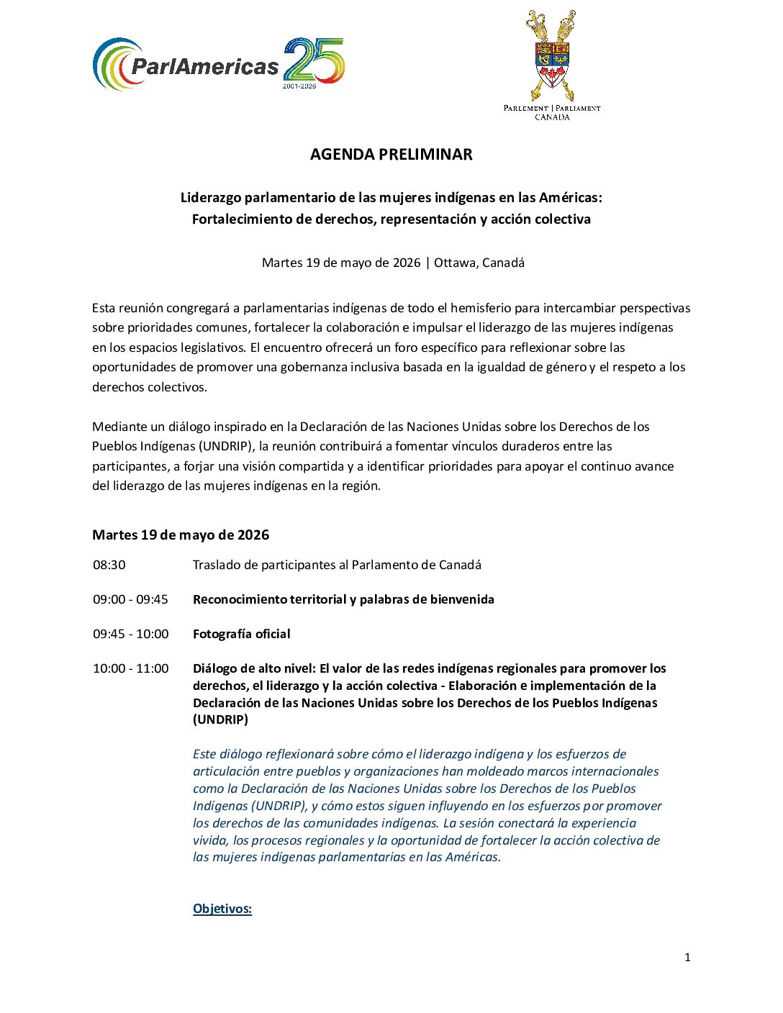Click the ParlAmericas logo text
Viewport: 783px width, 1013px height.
(x=204, y=67)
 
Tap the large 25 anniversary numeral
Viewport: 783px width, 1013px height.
(x=314, y=60)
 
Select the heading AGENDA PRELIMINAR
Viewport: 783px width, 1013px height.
(x=391, y=155)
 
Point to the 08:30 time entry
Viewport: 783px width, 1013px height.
(x=109, y=565)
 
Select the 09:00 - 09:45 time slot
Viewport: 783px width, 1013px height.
(x=130, y=600)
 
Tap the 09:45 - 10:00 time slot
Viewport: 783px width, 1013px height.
(x=130, y=635)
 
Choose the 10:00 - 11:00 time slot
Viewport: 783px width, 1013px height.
(x=130, y=669)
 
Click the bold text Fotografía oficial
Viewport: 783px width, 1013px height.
(x=242, y=635)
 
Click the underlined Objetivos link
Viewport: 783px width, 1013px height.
(x=222, y=909)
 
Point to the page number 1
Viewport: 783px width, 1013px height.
(x=687, y=957)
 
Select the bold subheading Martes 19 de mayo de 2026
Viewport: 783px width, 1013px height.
(x=181, y=535)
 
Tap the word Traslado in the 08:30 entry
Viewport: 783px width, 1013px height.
(x=214, y=565)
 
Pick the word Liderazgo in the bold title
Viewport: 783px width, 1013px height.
(x=210, y=198)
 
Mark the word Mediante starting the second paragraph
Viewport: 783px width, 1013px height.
(x=119, y=427)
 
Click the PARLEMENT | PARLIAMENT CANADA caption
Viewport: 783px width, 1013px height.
(x=552, y=112)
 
